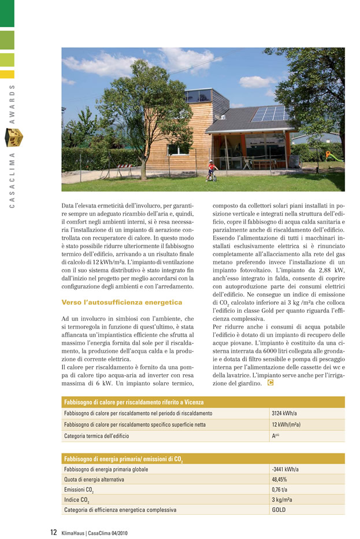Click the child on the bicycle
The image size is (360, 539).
(x=212, y=171)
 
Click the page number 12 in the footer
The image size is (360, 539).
(x=53, y=532)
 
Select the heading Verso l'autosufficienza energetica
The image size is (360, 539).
(x=121, y=302)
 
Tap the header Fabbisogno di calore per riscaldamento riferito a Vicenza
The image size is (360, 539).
(x=133, y=402)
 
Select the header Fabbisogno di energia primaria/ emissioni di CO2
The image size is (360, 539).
(x=124, y=459)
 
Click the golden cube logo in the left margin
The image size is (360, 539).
(x=14, y=138)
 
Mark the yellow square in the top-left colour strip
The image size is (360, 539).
(x=7, y=74)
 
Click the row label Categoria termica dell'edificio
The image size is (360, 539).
(x=97, y=435)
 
